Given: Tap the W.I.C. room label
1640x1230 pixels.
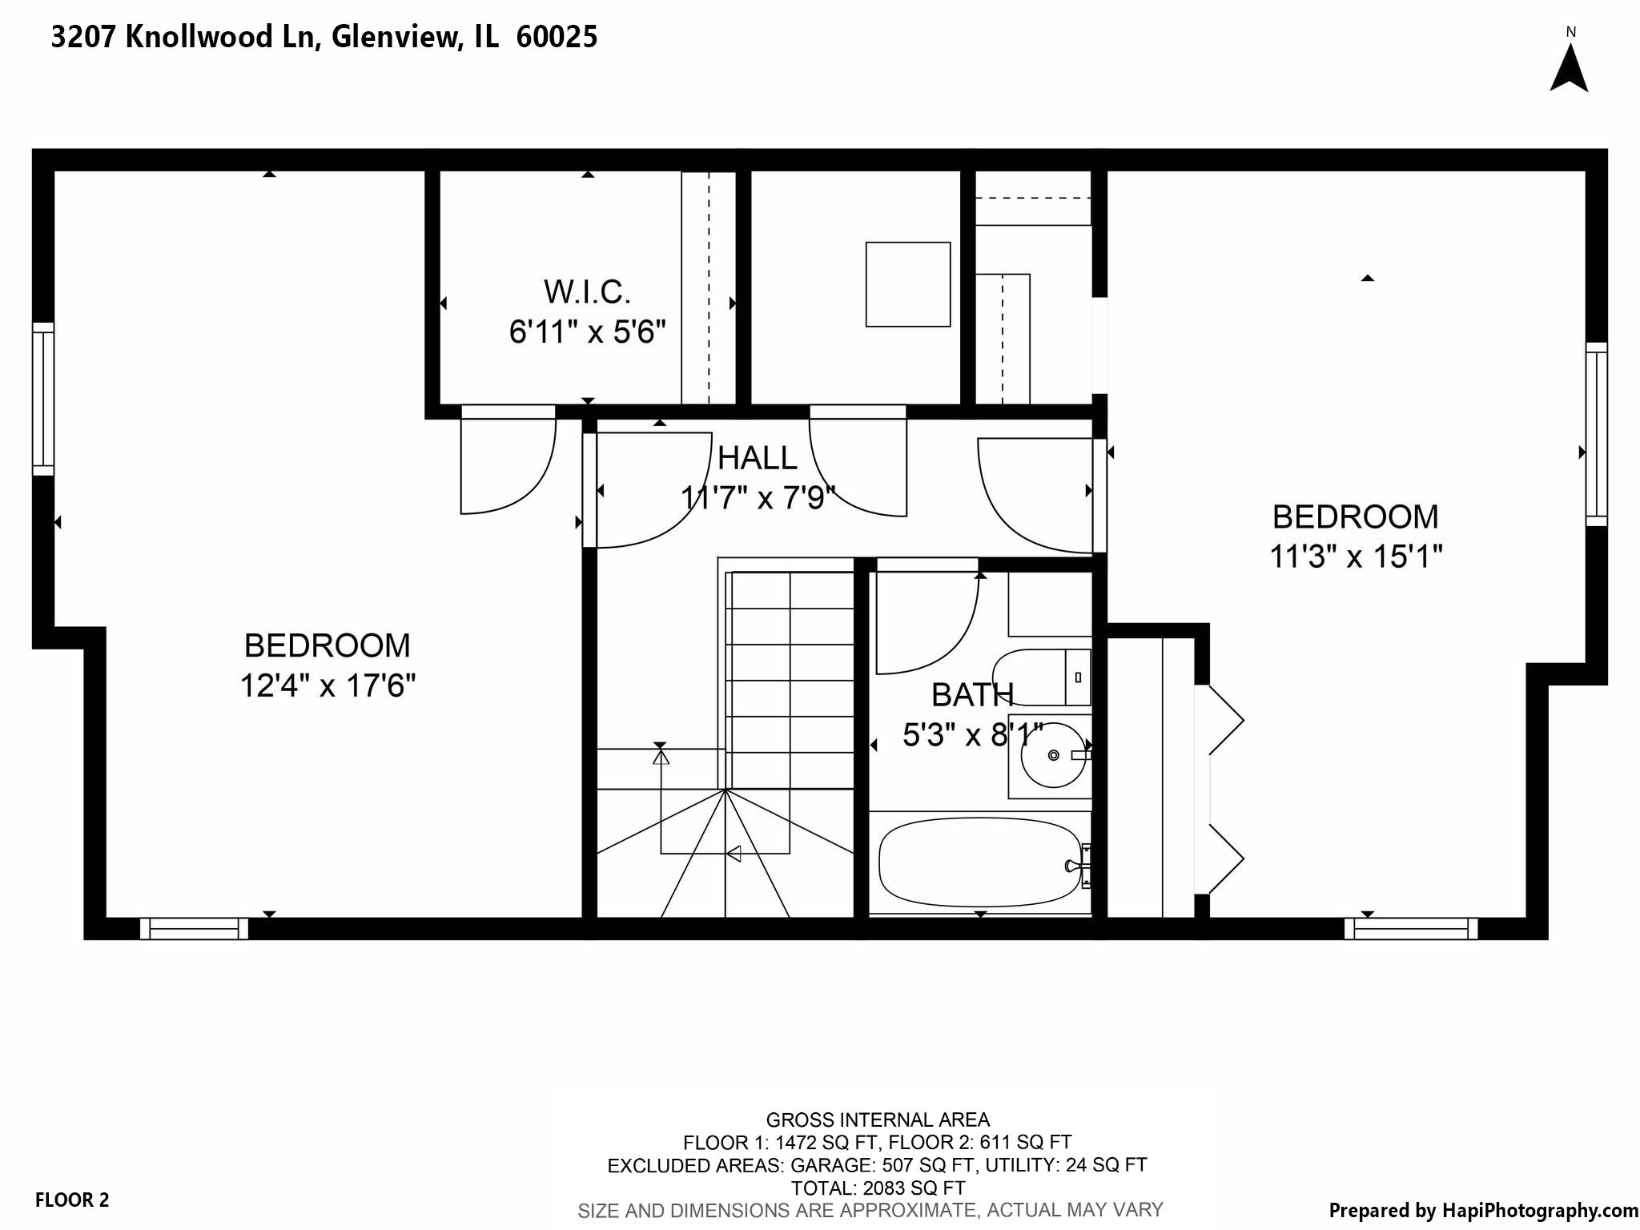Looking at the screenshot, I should click(x=587, y=292).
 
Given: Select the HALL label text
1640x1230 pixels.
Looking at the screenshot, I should click(x=757, y=458).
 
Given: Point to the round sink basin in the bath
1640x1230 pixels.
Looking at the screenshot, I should click(x=1053, y=755).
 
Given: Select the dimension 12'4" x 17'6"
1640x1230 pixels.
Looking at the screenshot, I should click(x=328, y=686).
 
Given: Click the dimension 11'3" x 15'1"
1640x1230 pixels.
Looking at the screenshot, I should click(x=1356, y=557).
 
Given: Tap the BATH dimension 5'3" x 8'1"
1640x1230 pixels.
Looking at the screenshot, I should click(x=972, y=734).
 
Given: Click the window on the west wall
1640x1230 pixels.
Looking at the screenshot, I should click(x=43, y=399).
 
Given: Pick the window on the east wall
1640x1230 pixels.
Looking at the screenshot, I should click(x=1596, y=434).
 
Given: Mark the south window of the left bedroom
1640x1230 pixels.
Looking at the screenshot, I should click(x=194, y=928).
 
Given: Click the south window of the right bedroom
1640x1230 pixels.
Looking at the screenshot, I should click(x=1411, y=928).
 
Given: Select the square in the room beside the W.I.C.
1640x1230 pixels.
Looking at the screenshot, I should click(x=907, y=284).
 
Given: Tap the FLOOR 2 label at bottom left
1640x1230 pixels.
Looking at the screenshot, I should click(x=72, y=1200).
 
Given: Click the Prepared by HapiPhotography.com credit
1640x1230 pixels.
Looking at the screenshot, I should click(x=1483, y=1210).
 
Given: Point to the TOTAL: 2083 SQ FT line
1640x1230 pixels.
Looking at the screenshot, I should click(x=878, y=1188).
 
